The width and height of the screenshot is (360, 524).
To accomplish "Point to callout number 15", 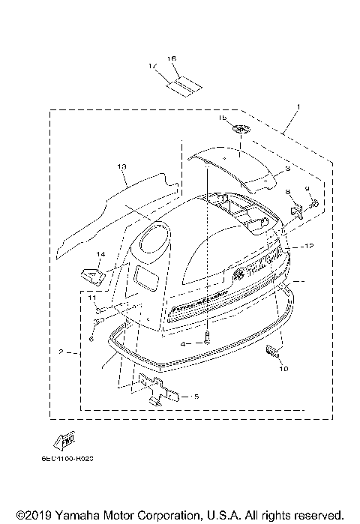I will click(x=221, y=118).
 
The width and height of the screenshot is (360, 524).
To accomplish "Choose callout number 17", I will click(x=154, y=66).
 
